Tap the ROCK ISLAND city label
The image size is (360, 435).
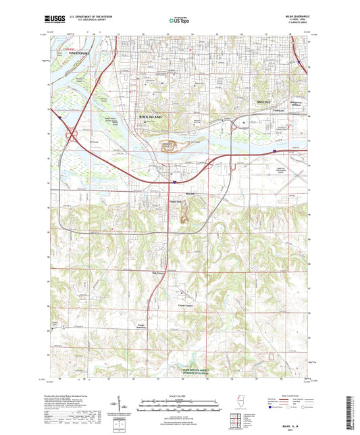[153, 117]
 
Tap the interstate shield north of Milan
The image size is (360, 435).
[175, 180]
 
